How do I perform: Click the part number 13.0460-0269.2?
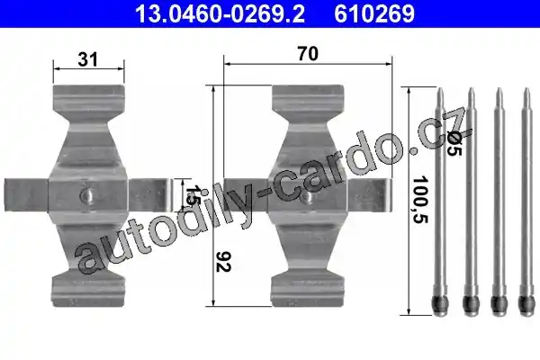point(220,13)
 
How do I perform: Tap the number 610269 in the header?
point(374,13)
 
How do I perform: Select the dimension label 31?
point(88,59)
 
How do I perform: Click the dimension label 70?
point(308,54)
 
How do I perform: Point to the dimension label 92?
point(223,262)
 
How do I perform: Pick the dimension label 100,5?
point(420,200)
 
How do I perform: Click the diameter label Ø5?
point(454,144)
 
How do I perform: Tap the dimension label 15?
point(191,195)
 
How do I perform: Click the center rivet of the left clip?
point(88,196)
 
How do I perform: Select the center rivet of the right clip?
point(307,197)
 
